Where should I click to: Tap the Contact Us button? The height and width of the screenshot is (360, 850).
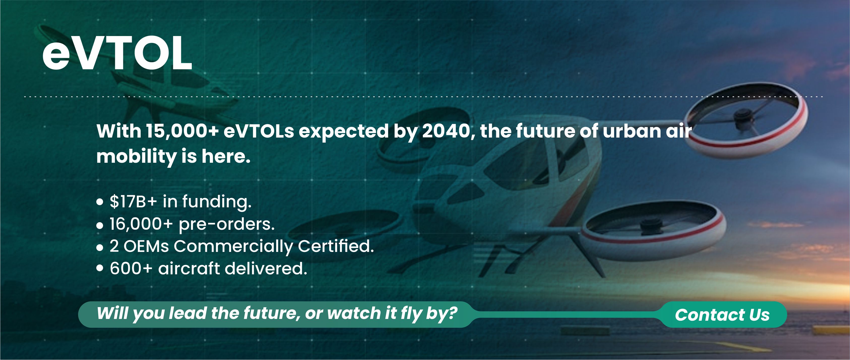point(722,314)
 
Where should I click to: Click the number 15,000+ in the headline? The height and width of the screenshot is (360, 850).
point(182,131)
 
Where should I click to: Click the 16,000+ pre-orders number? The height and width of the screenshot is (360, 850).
point(141,224)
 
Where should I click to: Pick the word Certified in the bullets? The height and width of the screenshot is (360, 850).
point(336,246)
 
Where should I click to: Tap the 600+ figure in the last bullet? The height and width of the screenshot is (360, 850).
point(131,268)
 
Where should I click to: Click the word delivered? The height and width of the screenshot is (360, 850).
point(266,268)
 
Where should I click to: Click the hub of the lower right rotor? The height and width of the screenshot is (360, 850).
point(651,226)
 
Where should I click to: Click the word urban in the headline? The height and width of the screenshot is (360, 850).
point(632,131)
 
